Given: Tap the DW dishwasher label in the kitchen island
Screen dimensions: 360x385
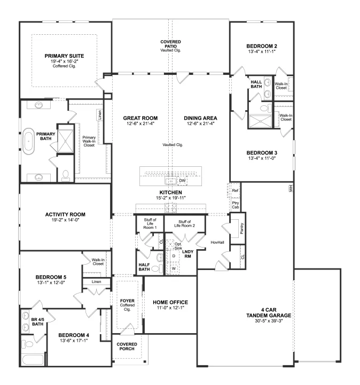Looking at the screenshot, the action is click(182, 181).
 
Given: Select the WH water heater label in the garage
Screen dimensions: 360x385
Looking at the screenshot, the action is click(291, 188).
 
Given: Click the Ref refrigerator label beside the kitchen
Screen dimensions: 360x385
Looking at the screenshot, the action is click(235, 190).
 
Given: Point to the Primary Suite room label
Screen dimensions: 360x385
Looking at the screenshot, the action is click(64, 56).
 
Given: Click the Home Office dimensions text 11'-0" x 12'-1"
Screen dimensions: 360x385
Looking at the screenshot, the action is click(170, 307).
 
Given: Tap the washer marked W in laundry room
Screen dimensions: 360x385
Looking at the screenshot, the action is click(174, 268).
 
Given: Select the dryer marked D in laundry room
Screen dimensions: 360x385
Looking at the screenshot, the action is click(174, 256).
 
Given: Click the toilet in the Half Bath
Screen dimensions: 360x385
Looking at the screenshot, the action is click(157, 268).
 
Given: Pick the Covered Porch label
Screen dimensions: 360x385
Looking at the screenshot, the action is click(127, 346).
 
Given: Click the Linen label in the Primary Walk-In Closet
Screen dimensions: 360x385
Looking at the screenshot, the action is click(99, 115).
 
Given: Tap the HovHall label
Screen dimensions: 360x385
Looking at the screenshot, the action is click(217, 242).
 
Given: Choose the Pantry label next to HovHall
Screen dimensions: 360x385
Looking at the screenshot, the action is click(242, 228).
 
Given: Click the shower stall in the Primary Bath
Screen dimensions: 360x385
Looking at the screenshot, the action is click(66, 141).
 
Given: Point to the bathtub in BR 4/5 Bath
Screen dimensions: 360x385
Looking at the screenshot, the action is click(33, 360).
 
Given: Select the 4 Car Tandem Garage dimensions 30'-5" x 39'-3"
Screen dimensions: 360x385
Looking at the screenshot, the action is click(269, 321).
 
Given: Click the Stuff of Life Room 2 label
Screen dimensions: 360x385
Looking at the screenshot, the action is click(184, 224).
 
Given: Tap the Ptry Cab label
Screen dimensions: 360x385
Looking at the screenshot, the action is click(236, 205).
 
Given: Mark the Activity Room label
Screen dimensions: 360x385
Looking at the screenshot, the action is click(65, 214).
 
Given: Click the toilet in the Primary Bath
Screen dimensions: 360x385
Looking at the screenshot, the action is click(66, 175).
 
